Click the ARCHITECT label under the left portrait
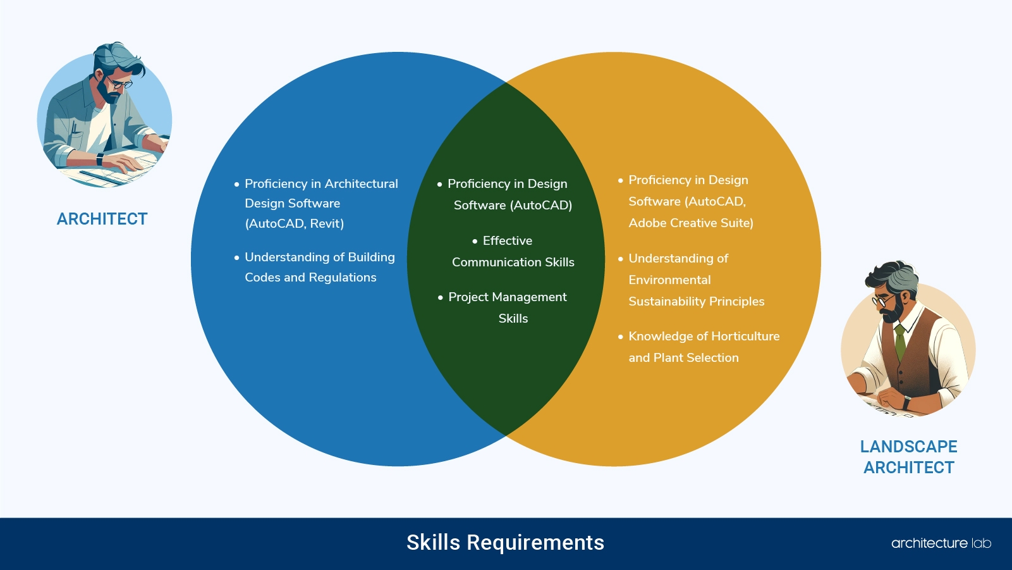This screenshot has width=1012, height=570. [x=102, y=219]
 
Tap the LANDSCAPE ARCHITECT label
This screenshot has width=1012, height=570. [x=908, y=457]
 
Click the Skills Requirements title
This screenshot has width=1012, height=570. [x=505, y=543]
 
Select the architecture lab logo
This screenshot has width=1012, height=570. [x=941, y=543]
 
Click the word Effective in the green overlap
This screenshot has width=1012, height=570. [x=507, y=240]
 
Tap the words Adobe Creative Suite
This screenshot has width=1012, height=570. [x=690, y=223]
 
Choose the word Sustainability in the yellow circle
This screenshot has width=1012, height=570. [x=668, y=301]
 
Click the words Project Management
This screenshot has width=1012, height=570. [x=507, y=297]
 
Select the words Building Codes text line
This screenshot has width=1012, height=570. [x=310, y=277]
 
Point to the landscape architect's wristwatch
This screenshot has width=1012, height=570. [x=906, y=402]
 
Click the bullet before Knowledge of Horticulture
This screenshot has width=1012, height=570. [x=621, y=337]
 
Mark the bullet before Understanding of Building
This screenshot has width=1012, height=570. [x=236, y=257]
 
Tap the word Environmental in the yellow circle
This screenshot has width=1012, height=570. [x=669, y=280]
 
